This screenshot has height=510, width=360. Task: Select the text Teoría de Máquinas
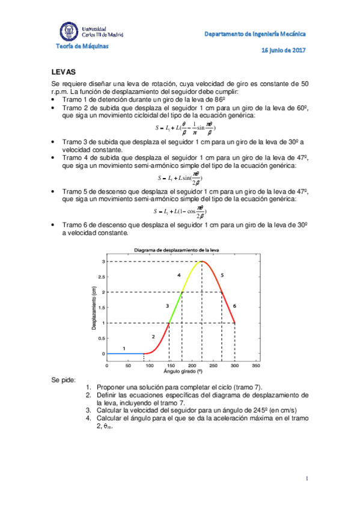pos(83,46)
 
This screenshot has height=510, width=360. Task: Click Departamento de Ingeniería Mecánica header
pos(255,34)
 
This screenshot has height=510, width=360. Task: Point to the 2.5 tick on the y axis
pos(102,277)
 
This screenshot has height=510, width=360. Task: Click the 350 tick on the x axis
pos(257,365)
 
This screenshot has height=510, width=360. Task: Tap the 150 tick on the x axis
pos(171,365)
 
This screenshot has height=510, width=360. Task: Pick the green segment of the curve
pos(175,308)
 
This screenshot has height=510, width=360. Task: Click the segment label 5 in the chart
pos(222,275)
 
